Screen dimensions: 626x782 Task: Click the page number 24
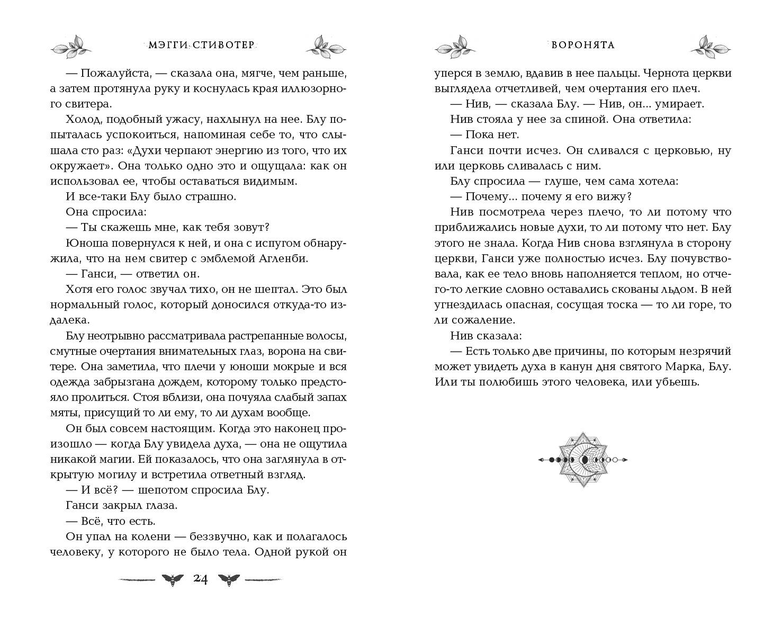point(200,579)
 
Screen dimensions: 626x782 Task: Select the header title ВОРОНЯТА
point(583,45)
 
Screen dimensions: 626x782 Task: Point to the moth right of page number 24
point(228,579)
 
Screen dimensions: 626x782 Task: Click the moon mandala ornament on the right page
point(583,459)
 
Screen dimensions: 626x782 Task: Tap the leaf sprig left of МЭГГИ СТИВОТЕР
point(71,46)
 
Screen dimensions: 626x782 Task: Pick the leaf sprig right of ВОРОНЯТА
point(711,46)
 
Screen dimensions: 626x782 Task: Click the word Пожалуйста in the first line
point(108,73)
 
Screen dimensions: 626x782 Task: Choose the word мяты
point(62,412)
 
